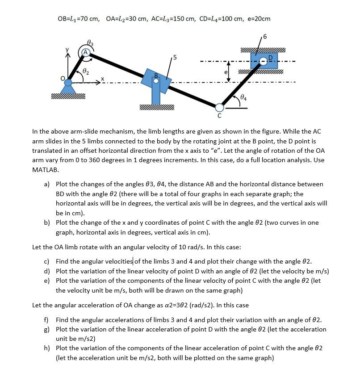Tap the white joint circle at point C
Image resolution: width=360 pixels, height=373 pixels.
pos(219,107)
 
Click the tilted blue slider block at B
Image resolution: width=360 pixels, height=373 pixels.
pos(156,80)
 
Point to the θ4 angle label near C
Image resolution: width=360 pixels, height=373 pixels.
pos(243,96)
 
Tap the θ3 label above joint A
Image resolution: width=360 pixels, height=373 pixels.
pos(90,42)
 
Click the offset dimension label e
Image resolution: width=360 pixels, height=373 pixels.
pos(226,71)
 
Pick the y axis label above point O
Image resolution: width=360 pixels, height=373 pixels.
pos(68,50)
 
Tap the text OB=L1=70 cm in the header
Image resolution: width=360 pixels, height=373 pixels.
pos(79,19)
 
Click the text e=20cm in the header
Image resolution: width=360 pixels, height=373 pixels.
pos(259,19)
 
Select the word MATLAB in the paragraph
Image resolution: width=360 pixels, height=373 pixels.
pos(45,170)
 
